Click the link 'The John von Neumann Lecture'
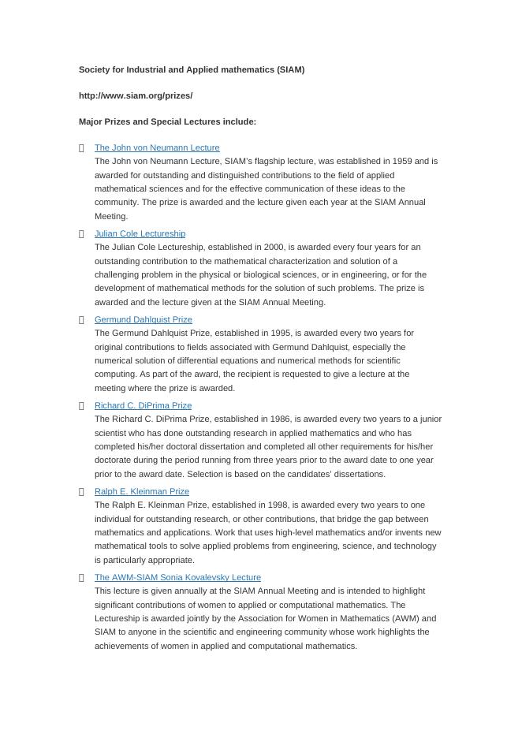pyautogui.click(x=157, y=147)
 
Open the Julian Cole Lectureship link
pyautogui.click(x=140, y=233)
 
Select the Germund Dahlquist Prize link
pyautogui.click(x=143, y=319)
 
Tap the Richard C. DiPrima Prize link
pyautogui.click(x=143, y=405)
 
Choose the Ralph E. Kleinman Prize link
pyautogui.click(x=142, y=491)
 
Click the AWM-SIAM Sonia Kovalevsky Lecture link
pyautogui.click(x=177, y=577)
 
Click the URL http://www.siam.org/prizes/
pyautogui.click(x=136, y=95)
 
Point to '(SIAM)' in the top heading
pyautogui.click(x=290, y=69)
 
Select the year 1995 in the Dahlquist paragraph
pyautogui.click(x=281, y=333)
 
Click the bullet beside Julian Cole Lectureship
pyautogui.click(x=81, y=234)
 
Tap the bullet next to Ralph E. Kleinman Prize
pyautogui.click(x=81, y=492)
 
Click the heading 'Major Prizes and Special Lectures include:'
pyautogui.click(x=167, y=121)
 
